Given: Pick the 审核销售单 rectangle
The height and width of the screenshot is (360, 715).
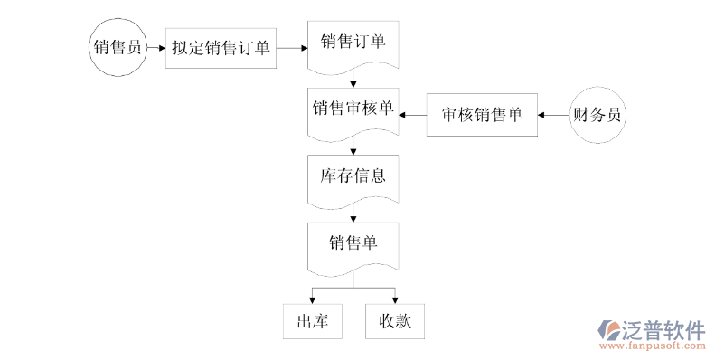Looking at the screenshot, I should [482, 115].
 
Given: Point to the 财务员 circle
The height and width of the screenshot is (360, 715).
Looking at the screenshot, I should [598, 115].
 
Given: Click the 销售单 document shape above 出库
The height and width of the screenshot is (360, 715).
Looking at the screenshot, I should [353, 244].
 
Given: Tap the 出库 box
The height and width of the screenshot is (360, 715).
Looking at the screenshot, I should [312, 320].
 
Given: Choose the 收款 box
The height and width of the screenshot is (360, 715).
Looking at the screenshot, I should [394, 320].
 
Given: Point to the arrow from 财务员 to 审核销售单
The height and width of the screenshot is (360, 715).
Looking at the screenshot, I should [552, 115].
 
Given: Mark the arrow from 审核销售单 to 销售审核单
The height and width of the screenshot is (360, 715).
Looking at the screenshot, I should [413, 115].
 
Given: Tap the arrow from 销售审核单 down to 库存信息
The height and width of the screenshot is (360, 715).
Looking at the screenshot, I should [353, 148].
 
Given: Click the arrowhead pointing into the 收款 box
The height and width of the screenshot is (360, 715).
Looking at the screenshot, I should [394, 298].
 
